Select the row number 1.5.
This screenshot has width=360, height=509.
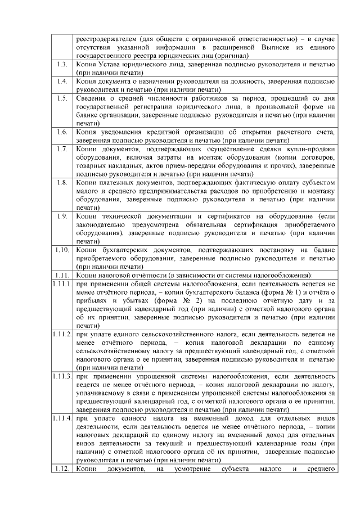click(x=62, y=98)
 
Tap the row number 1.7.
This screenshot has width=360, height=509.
click(x=62, y=149)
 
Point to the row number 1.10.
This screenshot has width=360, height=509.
click(x=62, y=249)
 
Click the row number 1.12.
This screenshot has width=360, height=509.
click(x=62, y=468)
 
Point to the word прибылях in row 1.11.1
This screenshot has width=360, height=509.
click(x=92, y=300)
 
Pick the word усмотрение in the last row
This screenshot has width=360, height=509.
click(x=195, y=468)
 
